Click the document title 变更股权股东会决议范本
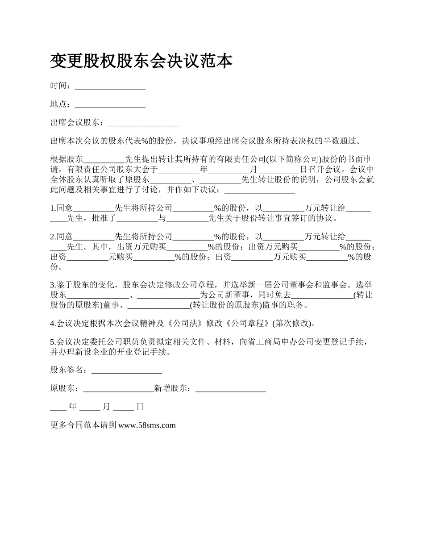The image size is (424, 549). click(x=141, y=61)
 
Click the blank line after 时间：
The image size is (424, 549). click(x=110, y=86)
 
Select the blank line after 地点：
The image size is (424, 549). click(x=110, y=104)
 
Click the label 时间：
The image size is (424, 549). click(x=61, y=86)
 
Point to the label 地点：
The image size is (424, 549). click(x=61, y=104)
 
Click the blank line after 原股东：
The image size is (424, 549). click(x=118, y=389)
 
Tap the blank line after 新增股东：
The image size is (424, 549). click(x=231, y=389)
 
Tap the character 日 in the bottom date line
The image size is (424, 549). click(x=140, y=407)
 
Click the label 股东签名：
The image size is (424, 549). click(x=71, y=370)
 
